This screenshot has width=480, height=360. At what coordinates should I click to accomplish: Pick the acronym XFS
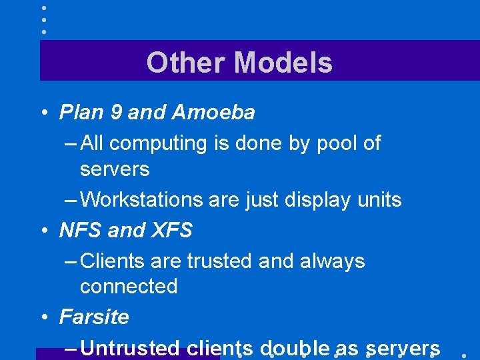(172, 231)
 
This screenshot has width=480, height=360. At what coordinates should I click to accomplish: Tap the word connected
(129, 287)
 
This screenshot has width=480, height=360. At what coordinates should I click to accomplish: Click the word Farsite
(94, 317)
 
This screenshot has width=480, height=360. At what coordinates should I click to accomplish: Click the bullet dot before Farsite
(43, 317)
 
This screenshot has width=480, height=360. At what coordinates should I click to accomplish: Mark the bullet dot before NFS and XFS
(43, 231)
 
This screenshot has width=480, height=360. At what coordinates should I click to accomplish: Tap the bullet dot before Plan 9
(43, 113)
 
